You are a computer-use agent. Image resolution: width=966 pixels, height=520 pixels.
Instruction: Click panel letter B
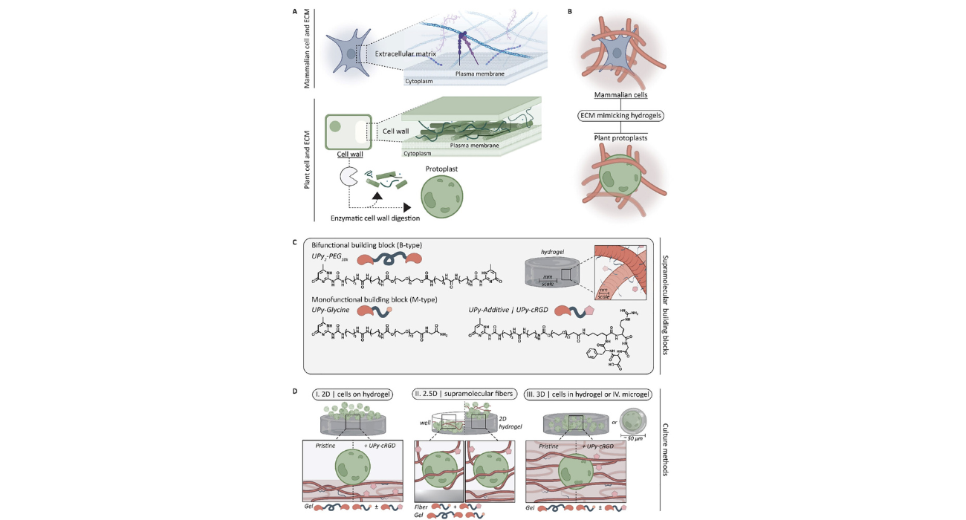[569, 12]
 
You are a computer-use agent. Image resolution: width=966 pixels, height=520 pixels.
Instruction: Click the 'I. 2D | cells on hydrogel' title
[352, 394]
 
